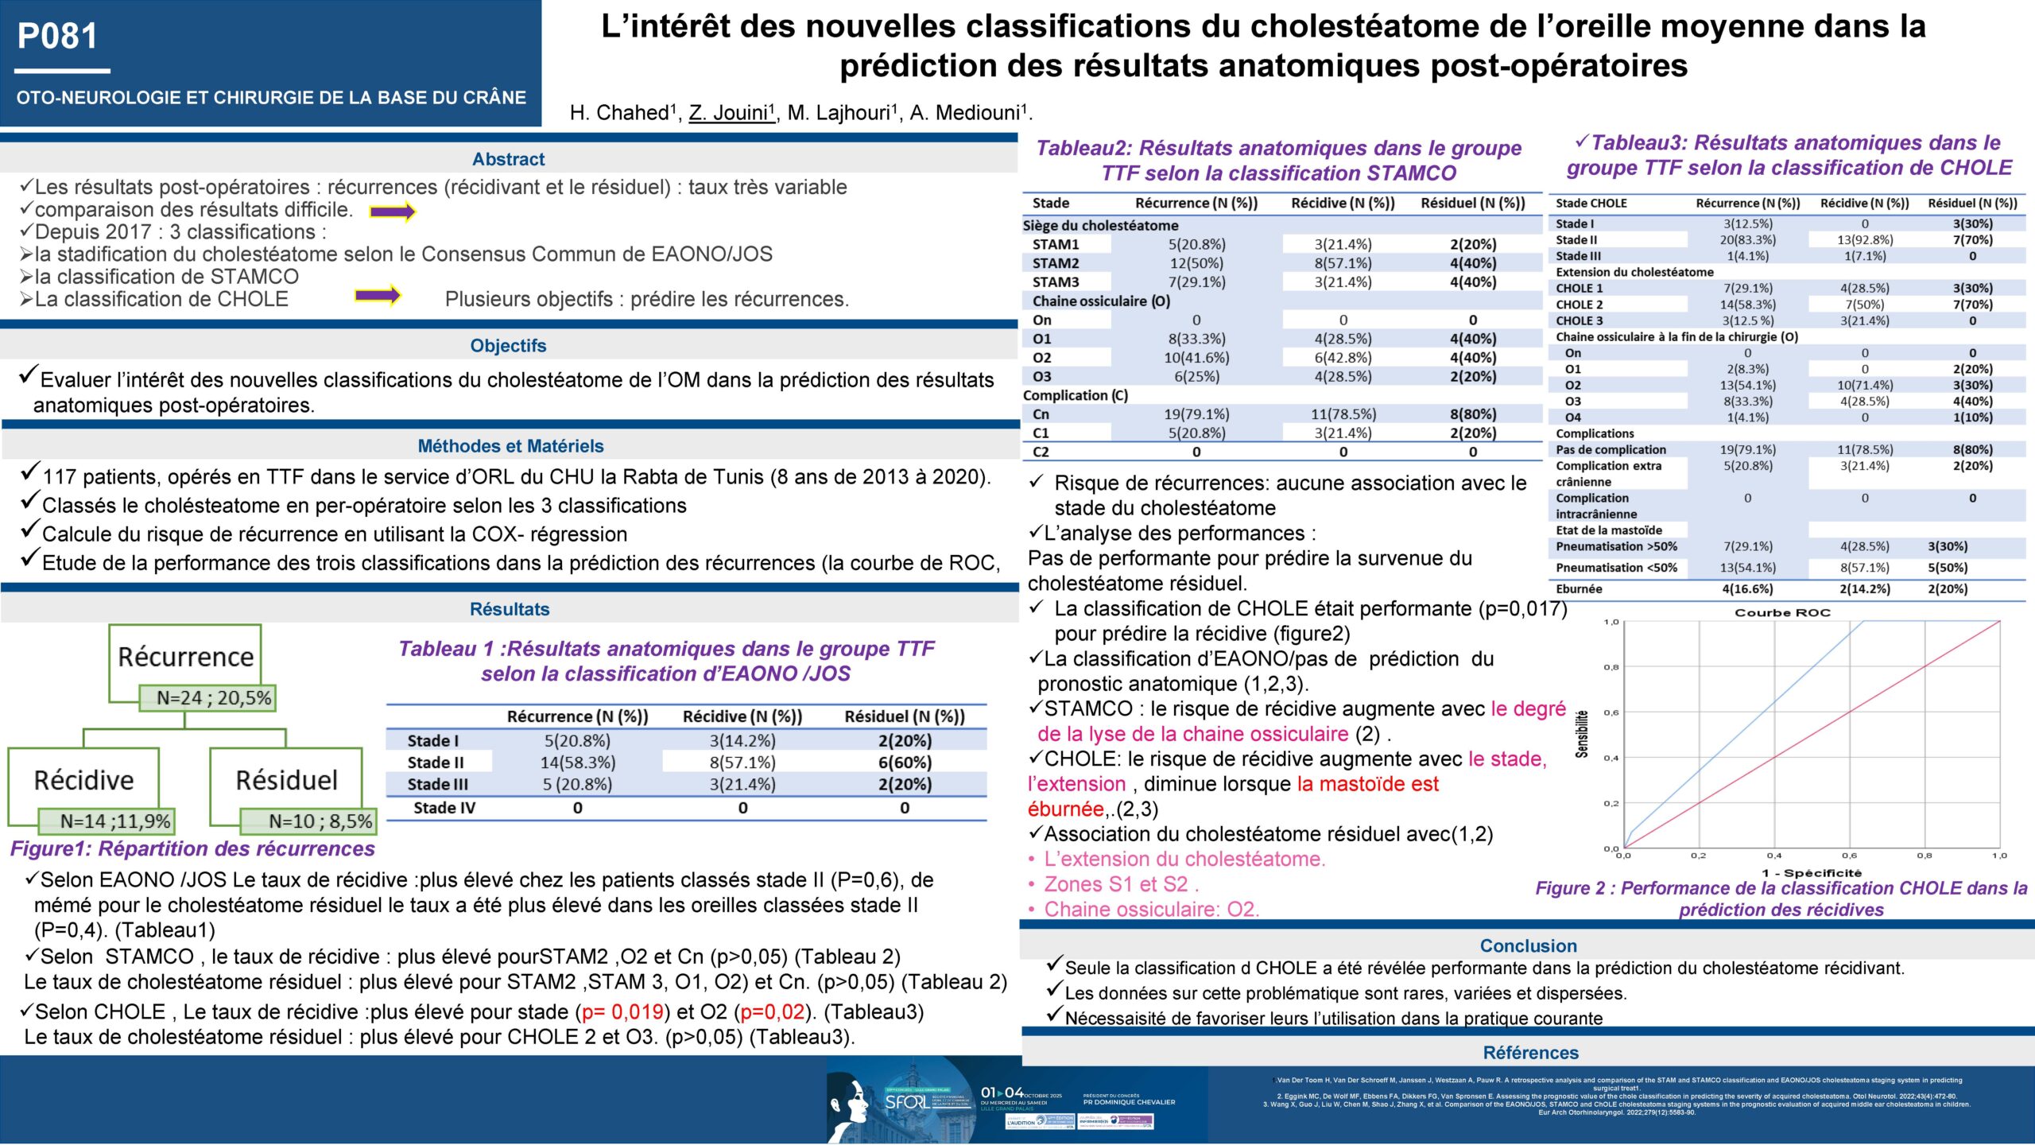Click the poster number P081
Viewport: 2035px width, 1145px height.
tap(57, 37)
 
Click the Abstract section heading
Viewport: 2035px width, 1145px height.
tap(508, 159)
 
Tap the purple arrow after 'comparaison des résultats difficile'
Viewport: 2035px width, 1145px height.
tap(393, 212)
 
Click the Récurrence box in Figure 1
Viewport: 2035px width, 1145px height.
tap(185, 657)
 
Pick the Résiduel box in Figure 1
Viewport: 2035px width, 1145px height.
tap(286, 780)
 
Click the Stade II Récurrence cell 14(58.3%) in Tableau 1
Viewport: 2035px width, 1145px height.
tap(578, 763)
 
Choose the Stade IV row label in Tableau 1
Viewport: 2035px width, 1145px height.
tap(444, 808)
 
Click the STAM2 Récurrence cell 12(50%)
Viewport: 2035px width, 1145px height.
tap(1196, 263)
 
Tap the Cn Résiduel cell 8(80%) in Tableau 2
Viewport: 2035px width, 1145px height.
tap(1472, 414)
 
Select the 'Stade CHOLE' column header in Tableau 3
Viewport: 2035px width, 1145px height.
tap(1591, 204)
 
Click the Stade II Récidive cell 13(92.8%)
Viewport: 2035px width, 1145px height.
tap(1864, 240)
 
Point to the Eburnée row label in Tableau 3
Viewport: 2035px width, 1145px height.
tap(1579, 589)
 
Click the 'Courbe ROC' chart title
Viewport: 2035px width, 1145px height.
tap(1782, 612)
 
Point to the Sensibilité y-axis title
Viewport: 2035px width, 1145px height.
tap(1582, 733)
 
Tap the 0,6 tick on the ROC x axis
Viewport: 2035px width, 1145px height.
tap(1849, 856)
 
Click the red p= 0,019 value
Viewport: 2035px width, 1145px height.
tap(622, 1012)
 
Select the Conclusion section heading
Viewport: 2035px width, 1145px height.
tap(1528, 945)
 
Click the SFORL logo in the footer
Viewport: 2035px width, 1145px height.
tap(906, 1102)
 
